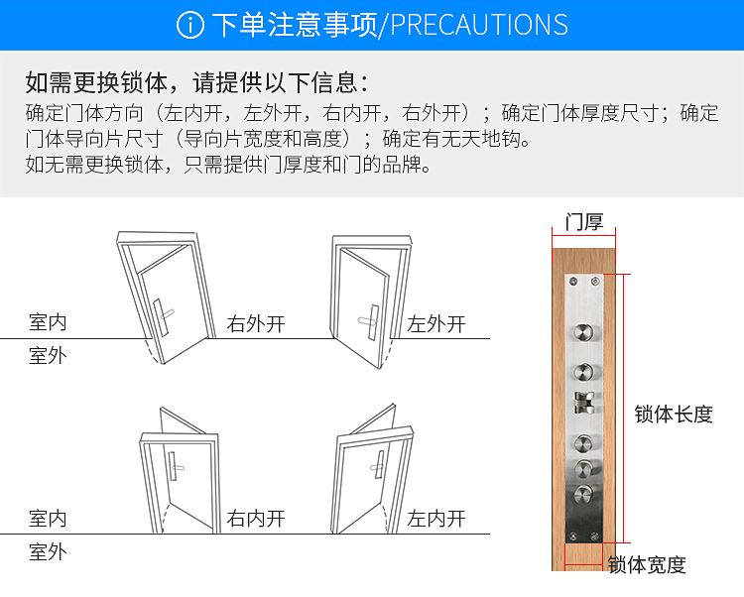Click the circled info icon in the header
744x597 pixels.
189,25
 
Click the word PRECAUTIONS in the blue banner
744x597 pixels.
479,25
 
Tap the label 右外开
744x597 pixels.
256,324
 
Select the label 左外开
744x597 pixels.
436,324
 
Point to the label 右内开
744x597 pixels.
256,519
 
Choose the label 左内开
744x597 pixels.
436,519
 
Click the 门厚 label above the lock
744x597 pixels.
584,222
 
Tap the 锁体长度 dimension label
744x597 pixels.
674,415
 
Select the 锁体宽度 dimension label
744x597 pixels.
647,565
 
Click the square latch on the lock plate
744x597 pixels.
583,403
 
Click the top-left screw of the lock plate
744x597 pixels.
572,282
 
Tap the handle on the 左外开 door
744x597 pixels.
369,319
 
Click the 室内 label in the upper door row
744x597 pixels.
48,322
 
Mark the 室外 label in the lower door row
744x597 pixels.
48,551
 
